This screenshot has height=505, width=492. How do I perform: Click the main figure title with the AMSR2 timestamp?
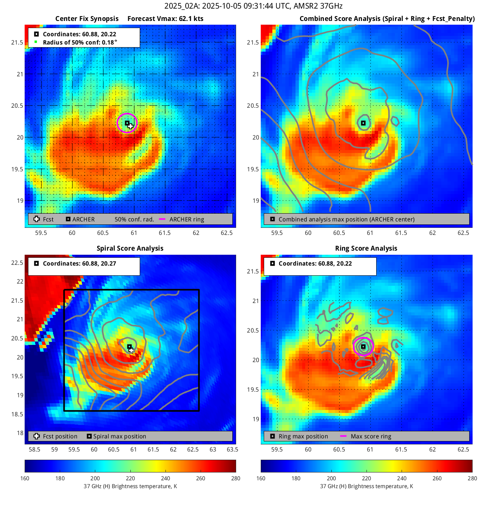click(253, 6)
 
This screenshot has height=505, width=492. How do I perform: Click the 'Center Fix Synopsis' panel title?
click(87, 19)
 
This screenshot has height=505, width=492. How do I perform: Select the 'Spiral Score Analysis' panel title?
click(130, 248)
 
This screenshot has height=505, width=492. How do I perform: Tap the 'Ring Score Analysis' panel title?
click(366, 248)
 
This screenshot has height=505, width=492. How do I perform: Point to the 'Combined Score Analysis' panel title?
click(387, 19)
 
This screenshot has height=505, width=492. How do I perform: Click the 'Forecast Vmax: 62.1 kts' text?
click(165, 19)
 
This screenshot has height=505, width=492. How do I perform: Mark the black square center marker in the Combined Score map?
click(363, 123)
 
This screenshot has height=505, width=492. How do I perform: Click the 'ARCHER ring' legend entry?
click(186, 220)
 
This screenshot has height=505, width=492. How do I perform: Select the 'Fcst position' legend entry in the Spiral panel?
click(60, 437)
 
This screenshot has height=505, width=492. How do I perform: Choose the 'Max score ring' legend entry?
click(371, 437)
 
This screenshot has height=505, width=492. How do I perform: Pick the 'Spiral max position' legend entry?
click(120, 437)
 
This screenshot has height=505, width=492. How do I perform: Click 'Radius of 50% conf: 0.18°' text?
click(80, 42)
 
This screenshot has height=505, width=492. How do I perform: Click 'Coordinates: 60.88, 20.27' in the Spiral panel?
click(79, 264)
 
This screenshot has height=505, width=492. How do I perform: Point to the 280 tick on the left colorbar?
click(236, 478)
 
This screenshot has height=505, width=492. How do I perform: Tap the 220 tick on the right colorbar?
click(366, 478)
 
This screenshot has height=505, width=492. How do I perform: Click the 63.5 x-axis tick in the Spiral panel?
click(232, 450)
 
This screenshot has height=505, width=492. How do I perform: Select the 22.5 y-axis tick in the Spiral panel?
click(17, 263)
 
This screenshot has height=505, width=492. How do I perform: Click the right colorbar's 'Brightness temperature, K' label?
click(366, 486)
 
